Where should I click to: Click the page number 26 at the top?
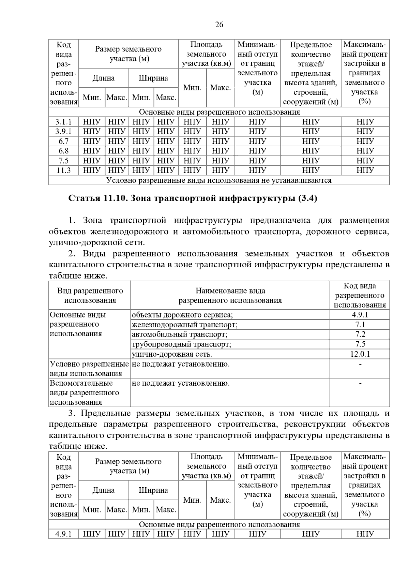219,25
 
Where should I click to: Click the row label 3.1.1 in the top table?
63,122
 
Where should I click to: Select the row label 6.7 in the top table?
63,141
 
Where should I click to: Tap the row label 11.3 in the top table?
63,170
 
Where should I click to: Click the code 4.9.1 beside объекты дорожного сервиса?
360,315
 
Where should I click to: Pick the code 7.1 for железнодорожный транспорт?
360,325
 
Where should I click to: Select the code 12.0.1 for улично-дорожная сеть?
360,354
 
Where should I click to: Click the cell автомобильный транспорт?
179,335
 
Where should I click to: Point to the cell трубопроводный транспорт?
181,344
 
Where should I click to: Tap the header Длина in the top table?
104,78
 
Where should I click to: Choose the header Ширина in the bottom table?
153,490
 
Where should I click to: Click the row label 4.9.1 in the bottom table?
63,534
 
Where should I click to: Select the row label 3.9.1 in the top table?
63,131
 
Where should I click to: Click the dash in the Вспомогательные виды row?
360,384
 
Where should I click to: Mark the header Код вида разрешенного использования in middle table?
360,296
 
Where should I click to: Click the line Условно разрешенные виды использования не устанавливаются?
219,180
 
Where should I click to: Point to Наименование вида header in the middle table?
230,296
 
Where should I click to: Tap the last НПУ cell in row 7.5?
365,161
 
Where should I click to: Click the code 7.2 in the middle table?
360,335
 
